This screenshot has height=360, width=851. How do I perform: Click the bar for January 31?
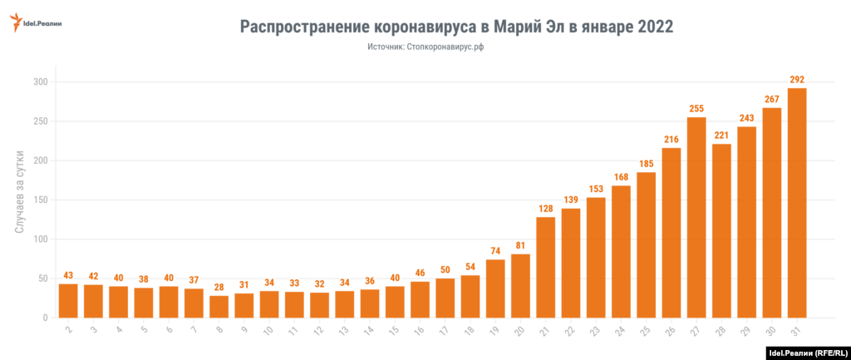tap(797, 203)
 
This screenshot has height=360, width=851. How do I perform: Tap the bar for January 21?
tap(546, 267)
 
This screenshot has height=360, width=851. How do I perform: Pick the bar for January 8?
tap(219, 307)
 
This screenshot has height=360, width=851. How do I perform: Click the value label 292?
tap(797, 80)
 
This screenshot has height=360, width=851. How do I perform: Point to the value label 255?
tap(696, 109)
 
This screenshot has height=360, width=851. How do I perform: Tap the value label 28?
tap(219, 288)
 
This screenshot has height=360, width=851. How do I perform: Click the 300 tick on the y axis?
tap(40, 82)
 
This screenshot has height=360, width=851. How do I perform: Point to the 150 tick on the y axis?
tap(40, 200)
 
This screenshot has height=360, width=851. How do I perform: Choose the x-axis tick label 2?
tap(67, 330)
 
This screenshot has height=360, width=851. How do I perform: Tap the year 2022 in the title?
tap(656, 27)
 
